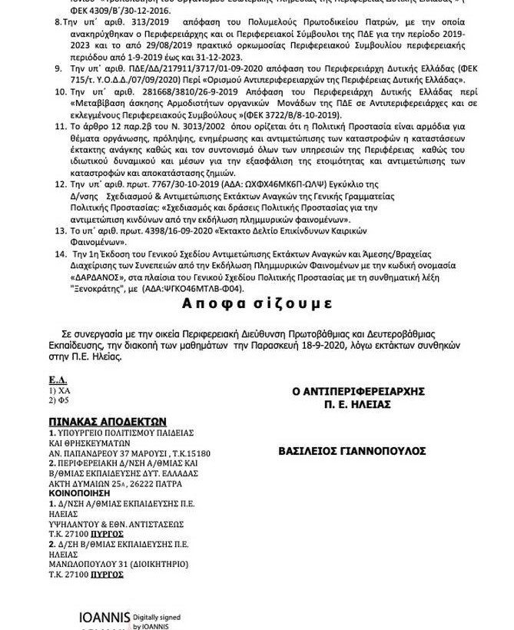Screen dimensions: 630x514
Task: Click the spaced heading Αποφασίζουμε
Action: coord(257,303)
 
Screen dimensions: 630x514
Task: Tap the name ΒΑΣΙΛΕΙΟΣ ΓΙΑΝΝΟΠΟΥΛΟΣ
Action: coord(352,451)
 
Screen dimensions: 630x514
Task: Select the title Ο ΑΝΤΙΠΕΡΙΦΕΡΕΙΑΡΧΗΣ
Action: coord(358,391)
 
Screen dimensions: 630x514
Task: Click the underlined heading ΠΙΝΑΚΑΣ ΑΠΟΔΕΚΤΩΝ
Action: coord(108,422)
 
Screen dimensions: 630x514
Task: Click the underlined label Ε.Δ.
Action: coord(58,380)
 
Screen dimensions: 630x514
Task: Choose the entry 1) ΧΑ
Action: coord(59,390)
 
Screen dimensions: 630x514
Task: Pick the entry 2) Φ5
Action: coord(59,400)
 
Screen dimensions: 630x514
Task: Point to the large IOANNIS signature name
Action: coord(104,617)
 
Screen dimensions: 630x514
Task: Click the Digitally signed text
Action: coord(157,617)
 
